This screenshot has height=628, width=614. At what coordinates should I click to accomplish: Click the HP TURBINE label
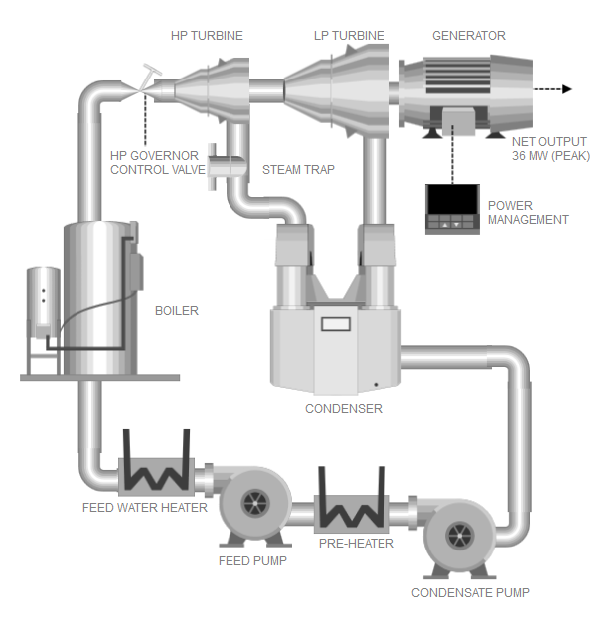[x=207, y=36]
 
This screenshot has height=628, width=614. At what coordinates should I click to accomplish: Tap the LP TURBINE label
[x=349, y=36]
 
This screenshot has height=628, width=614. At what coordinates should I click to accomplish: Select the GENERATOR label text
[x=469, y=36]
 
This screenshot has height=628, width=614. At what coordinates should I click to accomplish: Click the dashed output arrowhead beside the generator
[x=566, y=89]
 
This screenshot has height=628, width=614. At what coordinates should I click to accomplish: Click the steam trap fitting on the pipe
[x=226, y=167]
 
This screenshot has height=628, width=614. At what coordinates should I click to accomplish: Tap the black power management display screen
[x=452, y=199]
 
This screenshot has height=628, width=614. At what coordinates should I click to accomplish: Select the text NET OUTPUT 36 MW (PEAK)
[x=550, y=149]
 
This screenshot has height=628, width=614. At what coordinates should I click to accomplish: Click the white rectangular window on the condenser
[x=336, y=324]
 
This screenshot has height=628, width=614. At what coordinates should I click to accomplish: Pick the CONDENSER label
[x=344, y=409]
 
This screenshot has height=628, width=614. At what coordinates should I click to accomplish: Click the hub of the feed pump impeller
[x=255, y=503]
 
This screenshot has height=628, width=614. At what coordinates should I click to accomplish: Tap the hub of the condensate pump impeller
[x=459, y=535]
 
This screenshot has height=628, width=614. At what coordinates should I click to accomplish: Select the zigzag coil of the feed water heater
[x=156, y=477]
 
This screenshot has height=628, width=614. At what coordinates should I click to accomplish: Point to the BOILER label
[x=177, y=311]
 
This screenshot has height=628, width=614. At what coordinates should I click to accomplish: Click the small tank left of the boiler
[x=44, y=302]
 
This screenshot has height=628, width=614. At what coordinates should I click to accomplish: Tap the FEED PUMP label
[x=252, y=561]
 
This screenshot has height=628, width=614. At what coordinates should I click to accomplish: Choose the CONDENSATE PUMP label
[x=470, y=593]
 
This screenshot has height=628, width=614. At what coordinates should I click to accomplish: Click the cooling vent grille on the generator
[x=457, y=76]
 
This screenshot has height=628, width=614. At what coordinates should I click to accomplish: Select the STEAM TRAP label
[x=298, y=169]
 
